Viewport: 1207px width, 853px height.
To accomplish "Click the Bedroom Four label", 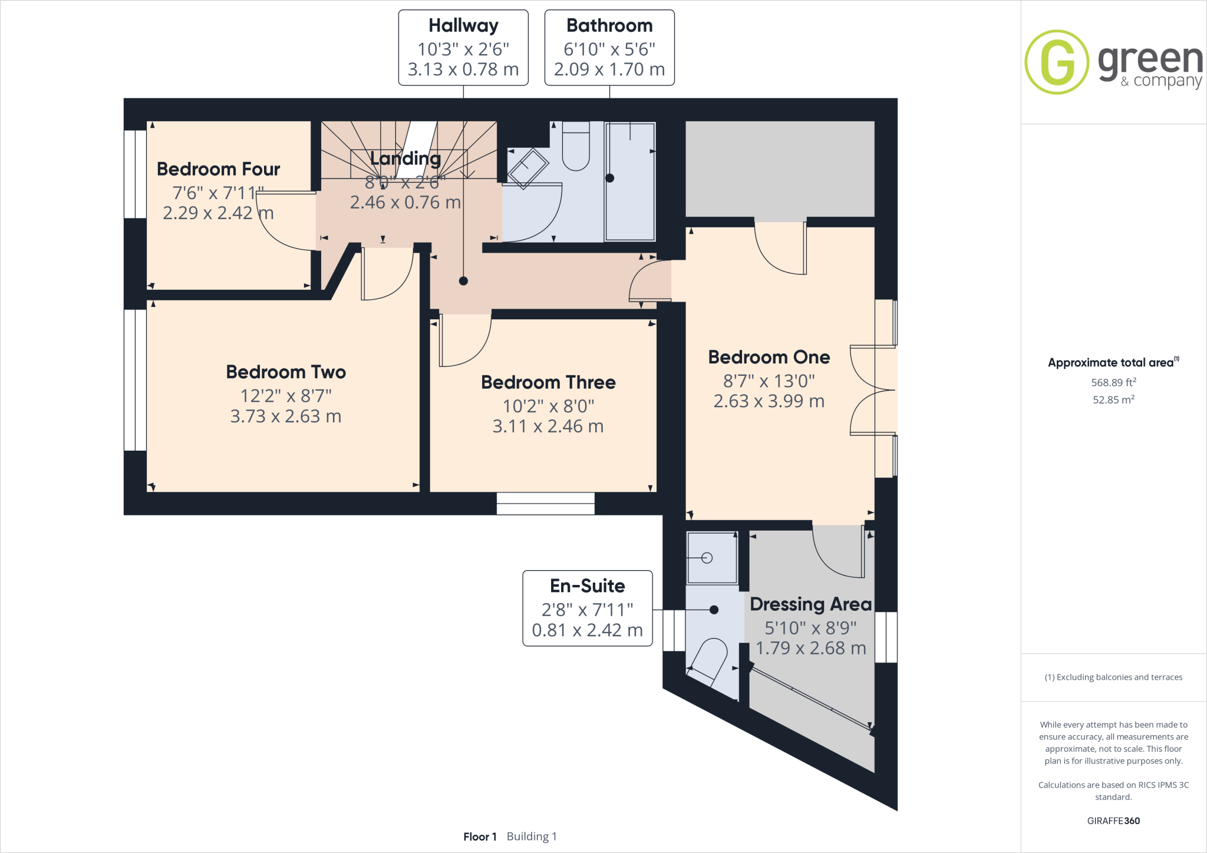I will pos(218,169).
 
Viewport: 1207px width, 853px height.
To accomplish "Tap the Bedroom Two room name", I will pos(286,372).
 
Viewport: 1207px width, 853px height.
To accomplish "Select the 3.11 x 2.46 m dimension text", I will pos(548,426).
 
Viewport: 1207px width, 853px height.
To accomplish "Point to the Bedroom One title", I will pos(769,357).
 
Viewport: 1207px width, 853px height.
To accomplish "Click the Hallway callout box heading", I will pos(463,26).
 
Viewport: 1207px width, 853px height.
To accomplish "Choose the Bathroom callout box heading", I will pos(609,26).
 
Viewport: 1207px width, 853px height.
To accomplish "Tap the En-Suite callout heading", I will pos(587,586).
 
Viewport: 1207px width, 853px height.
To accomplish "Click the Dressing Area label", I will pos(810,604).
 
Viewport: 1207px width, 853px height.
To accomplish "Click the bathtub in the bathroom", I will pos(630,181).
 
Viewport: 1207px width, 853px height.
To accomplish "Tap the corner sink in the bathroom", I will pos(527,168).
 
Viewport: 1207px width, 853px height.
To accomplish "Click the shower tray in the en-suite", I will pos(712,558).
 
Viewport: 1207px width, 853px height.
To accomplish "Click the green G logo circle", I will pos(1057,62).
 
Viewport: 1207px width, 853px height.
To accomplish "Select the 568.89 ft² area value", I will pos(1113,382).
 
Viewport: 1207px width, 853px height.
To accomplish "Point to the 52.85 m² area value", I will pos(1113,399).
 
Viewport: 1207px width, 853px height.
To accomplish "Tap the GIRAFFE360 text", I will pos(1113,821).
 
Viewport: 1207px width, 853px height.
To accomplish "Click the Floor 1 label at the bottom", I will pos(480,837).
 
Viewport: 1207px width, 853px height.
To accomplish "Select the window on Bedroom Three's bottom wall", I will pos(545,504).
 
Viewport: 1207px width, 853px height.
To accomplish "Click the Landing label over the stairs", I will pos(405,158).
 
